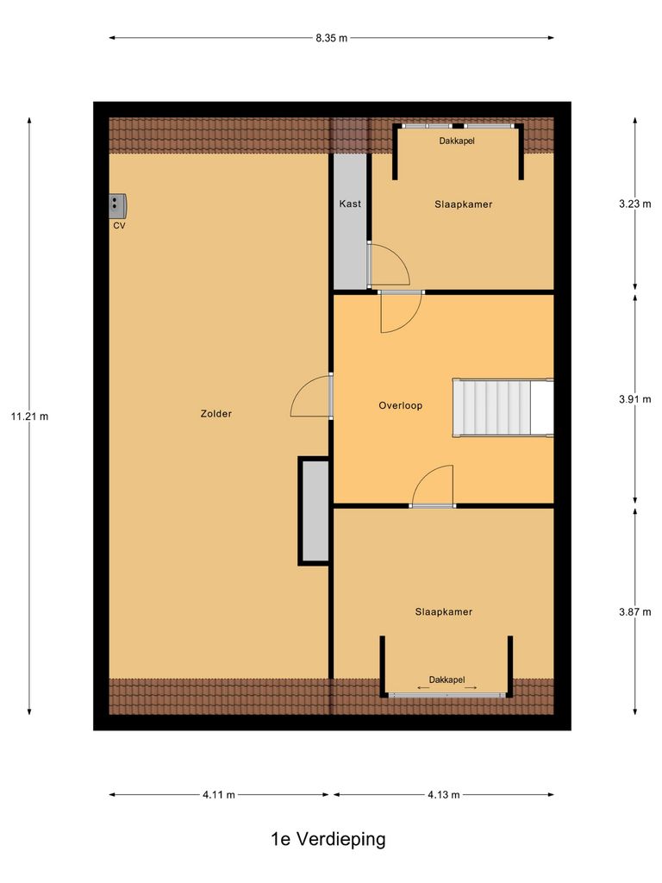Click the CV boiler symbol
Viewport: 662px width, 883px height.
pyautogui.click(x=118, y=204)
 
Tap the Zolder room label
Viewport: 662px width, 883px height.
pyautogui.click(x=215, y=414)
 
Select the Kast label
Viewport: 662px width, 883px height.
pyautogui.click(x=350, y=204)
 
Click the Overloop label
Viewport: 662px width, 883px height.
pyautogui.click(x=401, y=405)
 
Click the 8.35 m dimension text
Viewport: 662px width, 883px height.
pyautogui.click(x=331, y=38)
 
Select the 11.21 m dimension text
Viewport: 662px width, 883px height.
pyautogui.click(x=29, y=416)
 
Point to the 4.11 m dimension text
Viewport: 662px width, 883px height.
pyautogui.click(x=219, y=795)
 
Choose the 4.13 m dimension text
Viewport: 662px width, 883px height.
pyautogui.click(x=443, y=795)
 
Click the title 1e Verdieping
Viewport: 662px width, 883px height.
pyautogui.click(x=328, y=838)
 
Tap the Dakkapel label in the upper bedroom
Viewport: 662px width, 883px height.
pyautogui.click(x=457, y=141)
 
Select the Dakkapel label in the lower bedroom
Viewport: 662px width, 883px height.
pyautogui.click(x=447, y=679)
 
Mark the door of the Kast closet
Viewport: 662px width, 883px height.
pyautogui.click(x=387, y=265)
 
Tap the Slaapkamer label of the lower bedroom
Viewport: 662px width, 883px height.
pyautogui.click(x=444, y=611)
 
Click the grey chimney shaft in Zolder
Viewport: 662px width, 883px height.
pyautogui.click(x=314, y=510)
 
